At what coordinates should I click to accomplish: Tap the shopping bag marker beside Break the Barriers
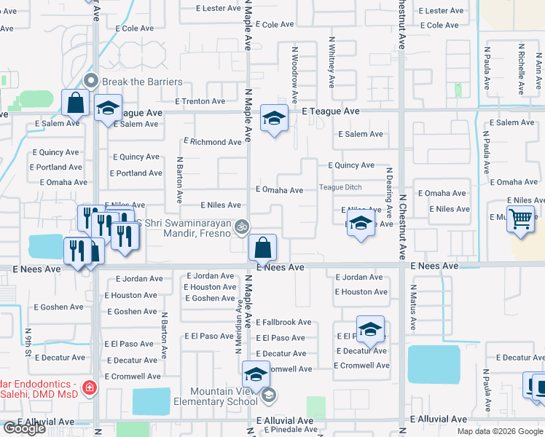76,103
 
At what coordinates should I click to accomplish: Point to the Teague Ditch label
340,187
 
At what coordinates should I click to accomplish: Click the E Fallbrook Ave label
284,322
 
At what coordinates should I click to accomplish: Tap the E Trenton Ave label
200,101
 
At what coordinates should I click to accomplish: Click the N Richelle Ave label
521,68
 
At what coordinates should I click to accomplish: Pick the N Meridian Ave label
238,325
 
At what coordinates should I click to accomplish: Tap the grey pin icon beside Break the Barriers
91,81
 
